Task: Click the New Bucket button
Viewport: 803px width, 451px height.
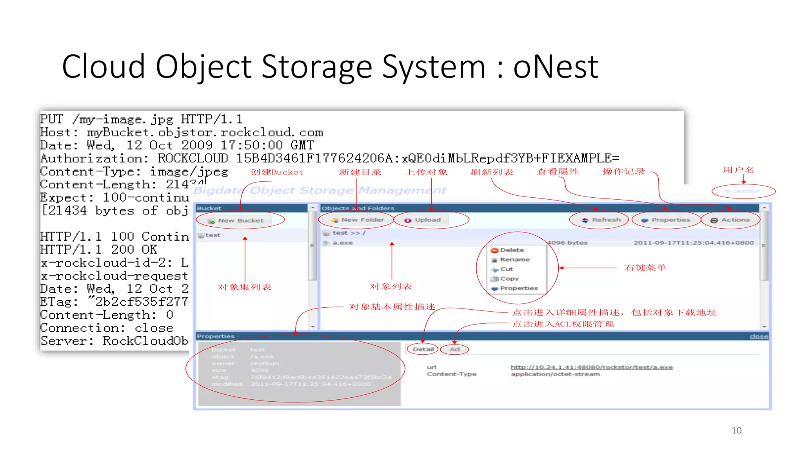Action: (240, 220)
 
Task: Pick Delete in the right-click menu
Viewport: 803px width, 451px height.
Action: (511, 250)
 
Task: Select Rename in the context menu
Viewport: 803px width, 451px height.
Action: (514, 260)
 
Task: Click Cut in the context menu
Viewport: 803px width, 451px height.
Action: (506, 269)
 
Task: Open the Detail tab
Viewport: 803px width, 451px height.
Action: (423, 349)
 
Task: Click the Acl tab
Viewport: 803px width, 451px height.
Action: (454, 349)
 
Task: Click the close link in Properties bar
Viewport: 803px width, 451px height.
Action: (759, 336)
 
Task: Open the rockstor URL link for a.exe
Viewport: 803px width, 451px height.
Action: (591, 367)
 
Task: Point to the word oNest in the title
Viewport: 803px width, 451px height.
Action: (556, 67)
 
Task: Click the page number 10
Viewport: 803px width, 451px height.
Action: (736, 431)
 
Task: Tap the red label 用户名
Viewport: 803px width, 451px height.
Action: (738, 170)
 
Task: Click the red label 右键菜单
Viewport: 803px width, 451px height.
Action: (645, 268)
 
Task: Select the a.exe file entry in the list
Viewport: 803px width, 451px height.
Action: (342, 243)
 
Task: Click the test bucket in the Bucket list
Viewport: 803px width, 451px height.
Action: (213, 235)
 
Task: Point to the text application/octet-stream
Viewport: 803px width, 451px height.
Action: (555, 374)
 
